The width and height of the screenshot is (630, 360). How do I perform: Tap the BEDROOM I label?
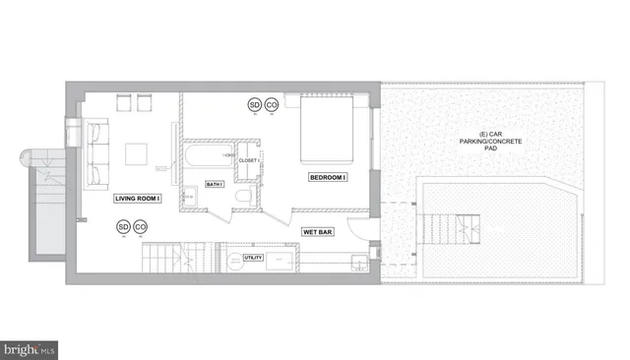tap(328, 177)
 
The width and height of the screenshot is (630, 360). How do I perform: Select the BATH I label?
tap(214, 184)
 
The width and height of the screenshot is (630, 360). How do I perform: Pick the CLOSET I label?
tap(248, 159)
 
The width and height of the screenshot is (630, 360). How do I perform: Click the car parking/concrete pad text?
tap(483, 144)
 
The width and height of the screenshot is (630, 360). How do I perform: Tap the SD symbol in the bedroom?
tap(254, 104)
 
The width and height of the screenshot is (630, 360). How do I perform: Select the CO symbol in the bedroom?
tap(272, 104)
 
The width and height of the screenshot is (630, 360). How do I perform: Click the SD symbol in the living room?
tap(124, 227)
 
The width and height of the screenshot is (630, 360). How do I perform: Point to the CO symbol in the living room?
tap(141, 227)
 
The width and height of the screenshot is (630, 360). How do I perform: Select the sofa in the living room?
tap(97, 152)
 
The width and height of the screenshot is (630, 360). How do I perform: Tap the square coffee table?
tap(137, 154)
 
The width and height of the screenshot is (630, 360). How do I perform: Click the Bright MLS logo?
tap(31, 348)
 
